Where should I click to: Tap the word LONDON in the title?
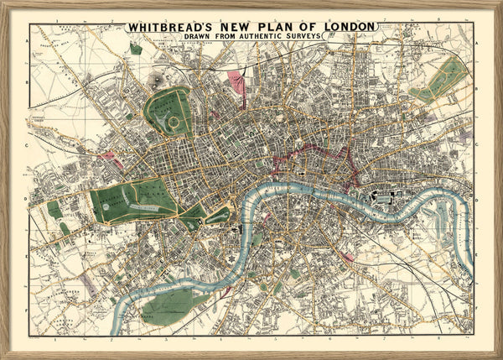tap(345, 27)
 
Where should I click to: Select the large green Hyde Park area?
tap(134, 200)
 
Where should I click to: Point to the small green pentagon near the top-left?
tap(136, 50)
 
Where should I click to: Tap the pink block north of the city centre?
tap(237, 82)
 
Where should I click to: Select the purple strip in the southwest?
tap(87, 286)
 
